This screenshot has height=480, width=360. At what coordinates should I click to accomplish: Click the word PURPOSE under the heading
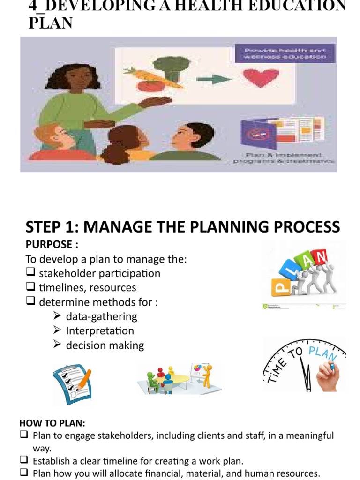(48, 245)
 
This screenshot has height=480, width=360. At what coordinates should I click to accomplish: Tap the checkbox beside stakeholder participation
(31, 273)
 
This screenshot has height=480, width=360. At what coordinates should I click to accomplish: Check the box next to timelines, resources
(31, 287)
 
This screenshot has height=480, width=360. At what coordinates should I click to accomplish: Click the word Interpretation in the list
(100, 330)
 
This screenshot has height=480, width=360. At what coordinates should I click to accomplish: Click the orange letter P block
(281, 285)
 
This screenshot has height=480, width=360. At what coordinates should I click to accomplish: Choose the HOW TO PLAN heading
(52, 423)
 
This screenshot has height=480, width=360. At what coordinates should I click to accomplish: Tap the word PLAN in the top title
(51, 23)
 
